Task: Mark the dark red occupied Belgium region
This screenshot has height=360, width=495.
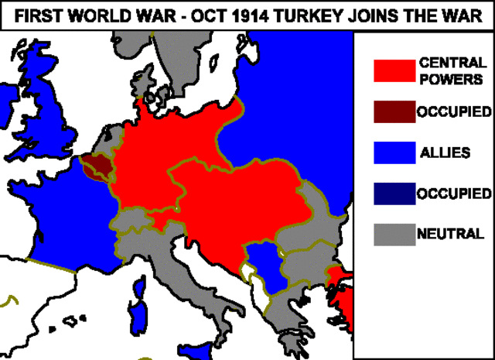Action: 98,166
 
